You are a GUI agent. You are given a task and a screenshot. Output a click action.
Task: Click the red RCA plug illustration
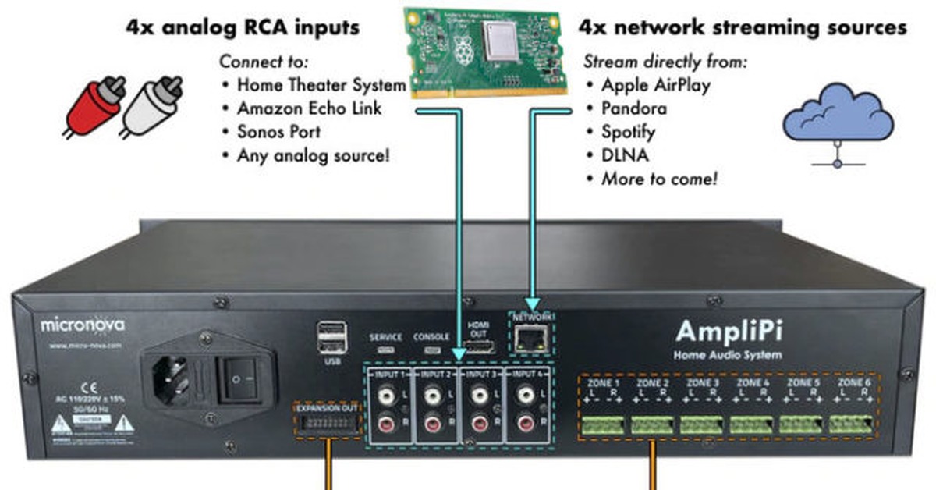click(x=95, y=105)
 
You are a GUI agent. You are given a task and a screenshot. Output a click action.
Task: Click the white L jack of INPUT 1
click(x=385, y=397)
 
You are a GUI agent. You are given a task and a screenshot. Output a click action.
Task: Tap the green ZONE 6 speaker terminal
click(x=850, y=425)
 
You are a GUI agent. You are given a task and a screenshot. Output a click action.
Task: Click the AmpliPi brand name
click(x=729, y=332)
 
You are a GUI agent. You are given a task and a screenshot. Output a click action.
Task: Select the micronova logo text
click(x=83, y=323)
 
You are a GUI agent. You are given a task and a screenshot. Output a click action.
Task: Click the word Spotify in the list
click(x=628, y=131)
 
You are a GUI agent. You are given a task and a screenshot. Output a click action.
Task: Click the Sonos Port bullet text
click(x=278, y=131)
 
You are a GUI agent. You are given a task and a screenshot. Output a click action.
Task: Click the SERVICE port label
click(x=386, y=337)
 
